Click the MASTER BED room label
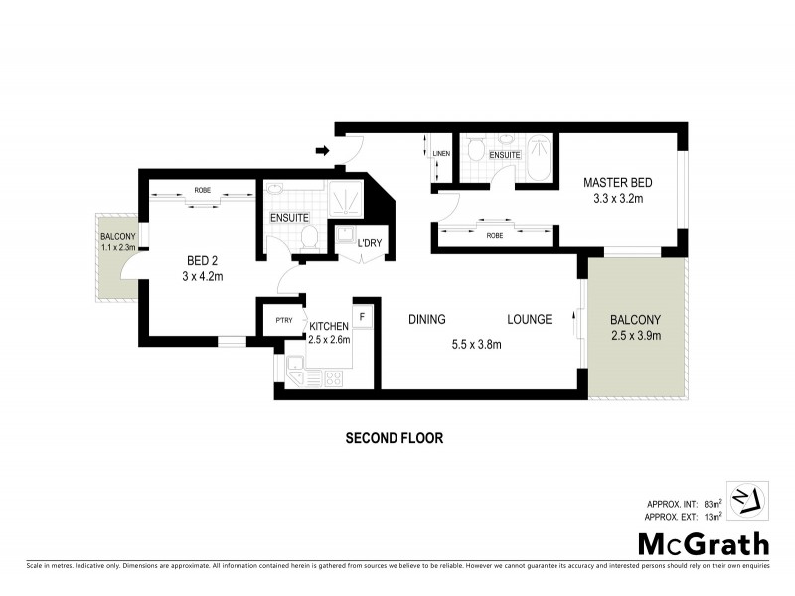coord(617,183)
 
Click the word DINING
coord(427,320)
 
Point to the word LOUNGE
coord(529,320)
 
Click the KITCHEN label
coord(328,326)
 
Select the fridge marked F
coord(363,316)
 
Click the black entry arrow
coord(321,151)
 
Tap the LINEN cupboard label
coord(442,152)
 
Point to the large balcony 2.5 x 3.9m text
coord(636,335)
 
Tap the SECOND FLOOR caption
coord(394,437)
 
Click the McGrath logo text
coord(703,543)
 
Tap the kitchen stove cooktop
coord(332,377)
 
